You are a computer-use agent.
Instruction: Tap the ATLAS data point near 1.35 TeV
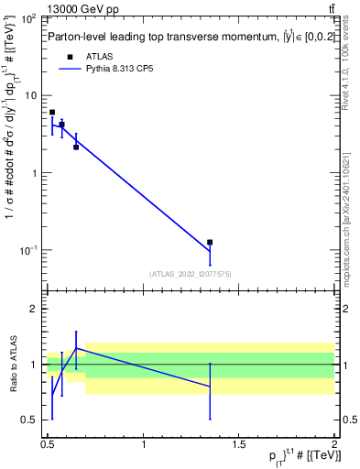[210, 242]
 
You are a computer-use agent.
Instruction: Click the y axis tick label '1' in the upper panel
[34, 172]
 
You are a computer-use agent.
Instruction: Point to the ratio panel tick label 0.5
[29, 420]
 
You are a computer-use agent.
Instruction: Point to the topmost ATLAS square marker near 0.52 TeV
[52, 112]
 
